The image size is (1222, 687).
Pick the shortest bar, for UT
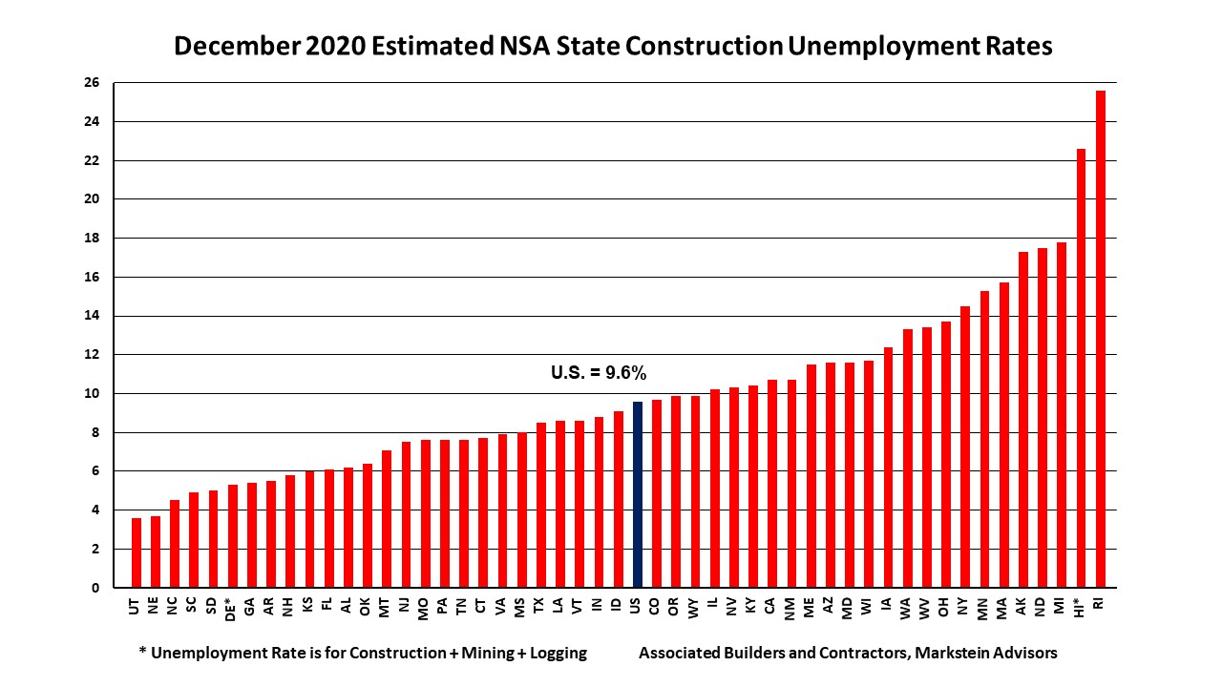137,552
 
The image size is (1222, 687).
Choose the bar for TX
541,505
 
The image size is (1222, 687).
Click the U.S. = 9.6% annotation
605,373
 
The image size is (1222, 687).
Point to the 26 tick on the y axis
95,83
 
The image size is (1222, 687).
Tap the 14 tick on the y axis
95,316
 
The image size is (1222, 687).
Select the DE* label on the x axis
232,612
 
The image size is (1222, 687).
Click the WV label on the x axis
926,607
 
